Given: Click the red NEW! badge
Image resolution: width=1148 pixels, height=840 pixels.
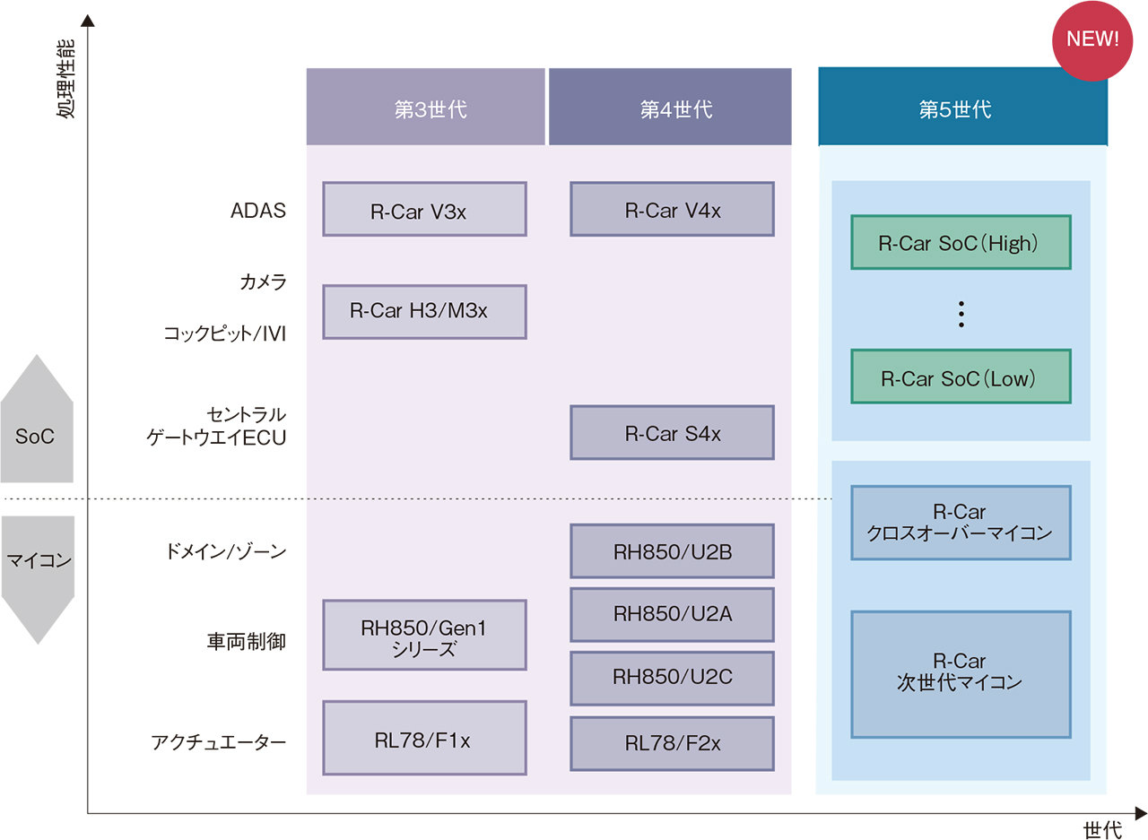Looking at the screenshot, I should (1092, 39).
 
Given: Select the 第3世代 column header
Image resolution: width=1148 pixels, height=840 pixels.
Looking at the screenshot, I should (425, 108).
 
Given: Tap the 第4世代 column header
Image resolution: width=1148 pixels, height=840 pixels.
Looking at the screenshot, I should (670, 108).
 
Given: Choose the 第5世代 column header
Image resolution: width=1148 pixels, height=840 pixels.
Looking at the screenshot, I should (962, 108).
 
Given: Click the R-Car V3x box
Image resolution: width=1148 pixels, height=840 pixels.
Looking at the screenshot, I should (424, 210).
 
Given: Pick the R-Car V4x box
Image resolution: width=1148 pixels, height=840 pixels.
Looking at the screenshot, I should (672, 210).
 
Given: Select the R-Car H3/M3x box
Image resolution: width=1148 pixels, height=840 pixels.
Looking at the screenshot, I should (424, 312).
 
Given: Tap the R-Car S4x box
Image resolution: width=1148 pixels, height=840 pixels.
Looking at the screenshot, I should (672, 433).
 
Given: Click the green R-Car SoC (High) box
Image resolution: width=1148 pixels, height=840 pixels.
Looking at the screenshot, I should (961, 243).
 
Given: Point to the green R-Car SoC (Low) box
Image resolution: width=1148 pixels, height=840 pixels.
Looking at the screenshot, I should (961, 377).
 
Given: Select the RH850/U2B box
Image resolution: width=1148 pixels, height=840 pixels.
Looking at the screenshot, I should (672, 551).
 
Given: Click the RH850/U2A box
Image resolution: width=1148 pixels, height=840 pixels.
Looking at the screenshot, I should (672, 614).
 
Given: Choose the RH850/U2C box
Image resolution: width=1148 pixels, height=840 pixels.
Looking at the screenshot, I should (672, 678).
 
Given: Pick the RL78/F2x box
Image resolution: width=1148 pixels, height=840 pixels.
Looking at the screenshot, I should (672, 743).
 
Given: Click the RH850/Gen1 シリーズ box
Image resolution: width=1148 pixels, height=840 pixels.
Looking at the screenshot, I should (424, 636).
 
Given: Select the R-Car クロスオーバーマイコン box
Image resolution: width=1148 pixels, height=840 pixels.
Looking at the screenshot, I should (961, 523).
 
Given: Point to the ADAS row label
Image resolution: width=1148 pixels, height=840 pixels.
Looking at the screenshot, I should (257, 211).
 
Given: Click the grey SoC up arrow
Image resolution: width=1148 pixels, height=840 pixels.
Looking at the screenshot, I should (37, 421).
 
